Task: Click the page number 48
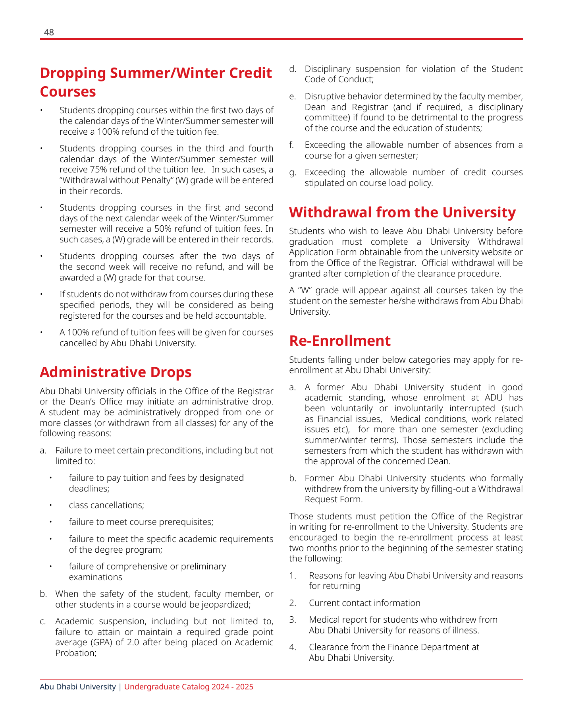point(49,32)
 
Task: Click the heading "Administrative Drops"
point(116,372)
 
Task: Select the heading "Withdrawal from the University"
point(402,212)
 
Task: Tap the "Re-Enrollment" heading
point(340,341)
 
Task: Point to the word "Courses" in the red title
point(68,91)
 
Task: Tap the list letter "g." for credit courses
point(293,172)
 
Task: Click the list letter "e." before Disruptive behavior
point(293,97)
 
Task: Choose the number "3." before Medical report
point(293,619)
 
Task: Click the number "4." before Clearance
point(293,647)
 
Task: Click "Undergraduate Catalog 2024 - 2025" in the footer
point(189,687)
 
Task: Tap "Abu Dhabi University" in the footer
point(77,687)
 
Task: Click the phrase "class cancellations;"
point(106,505)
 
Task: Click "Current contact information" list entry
point(364,603)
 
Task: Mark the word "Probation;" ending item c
point(76,653)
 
